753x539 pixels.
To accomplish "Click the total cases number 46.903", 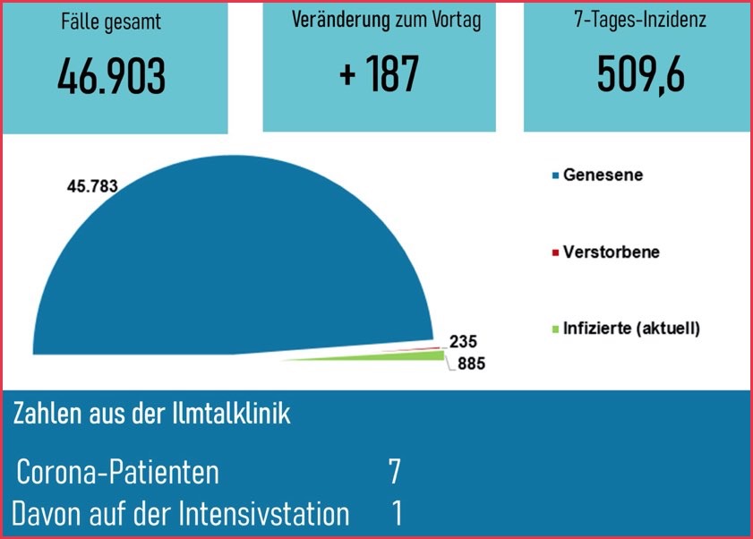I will tap(111, 78).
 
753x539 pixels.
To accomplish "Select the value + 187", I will tap(379, 73).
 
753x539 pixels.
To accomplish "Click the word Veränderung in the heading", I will tap(341, 21).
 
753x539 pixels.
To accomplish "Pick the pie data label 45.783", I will tap(93, 186).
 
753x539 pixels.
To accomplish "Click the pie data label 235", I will tap(464, 341).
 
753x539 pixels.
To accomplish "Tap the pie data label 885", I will tap(471, 364).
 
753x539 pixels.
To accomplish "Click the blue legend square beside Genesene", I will tap(555, 176).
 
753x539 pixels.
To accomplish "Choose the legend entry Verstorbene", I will tap(611, 252).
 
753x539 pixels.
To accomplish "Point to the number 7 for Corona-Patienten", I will tap(394, 471).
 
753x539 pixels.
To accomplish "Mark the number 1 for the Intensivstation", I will tap(397, 514).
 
